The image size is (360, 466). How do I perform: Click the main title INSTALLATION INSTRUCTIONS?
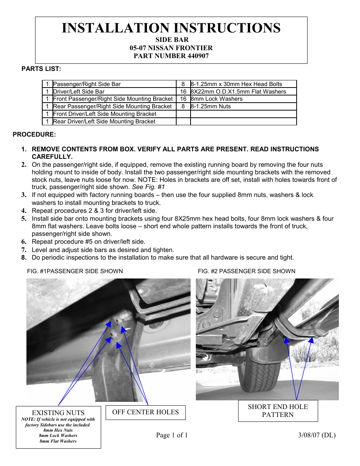click(x=171, y=28)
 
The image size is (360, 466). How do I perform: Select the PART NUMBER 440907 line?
click(x=171, y=56)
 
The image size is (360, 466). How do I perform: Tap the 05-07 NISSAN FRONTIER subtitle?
click(x=171, y=48)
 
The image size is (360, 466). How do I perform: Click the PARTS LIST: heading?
click(x=41, y=69)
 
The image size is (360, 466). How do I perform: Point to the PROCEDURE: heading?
click(x=34, y=134)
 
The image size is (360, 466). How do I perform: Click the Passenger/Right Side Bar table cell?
click(x=87, y=84)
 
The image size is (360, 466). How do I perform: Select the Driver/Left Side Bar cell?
click(x=79, y=92)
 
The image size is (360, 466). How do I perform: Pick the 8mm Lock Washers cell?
click(x=217, y=99)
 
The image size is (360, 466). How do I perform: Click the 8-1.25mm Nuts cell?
click(x=211, y=106)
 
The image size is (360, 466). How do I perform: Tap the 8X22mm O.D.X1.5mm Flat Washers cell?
click(x=238, y=92)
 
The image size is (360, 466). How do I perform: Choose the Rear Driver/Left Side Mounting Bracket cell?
click(x=104, y=121)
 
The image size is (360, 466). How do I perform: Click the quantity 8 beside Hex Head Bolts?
click(x=183, y=84)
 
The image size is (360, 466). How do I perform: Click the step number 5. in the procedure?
click(x=24, y=218)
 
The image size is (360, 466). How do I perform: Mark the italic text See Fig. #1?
click(x=148, y=187)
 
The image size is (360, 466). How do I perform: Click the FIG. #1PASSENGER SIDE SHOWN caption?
click(x=75, y=271)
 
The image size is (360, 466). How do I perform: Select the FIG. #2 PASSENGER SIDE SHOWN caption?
click(x=246, y=271)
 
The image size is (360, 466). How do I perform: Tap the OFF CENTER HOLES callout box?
click(x=145, y=412)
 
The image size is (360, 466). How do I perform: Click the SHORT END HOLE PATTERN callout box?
click(x=278, y=411)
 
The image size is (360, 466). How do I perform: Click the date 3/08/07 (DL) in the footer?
click(x=317, y=435)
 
